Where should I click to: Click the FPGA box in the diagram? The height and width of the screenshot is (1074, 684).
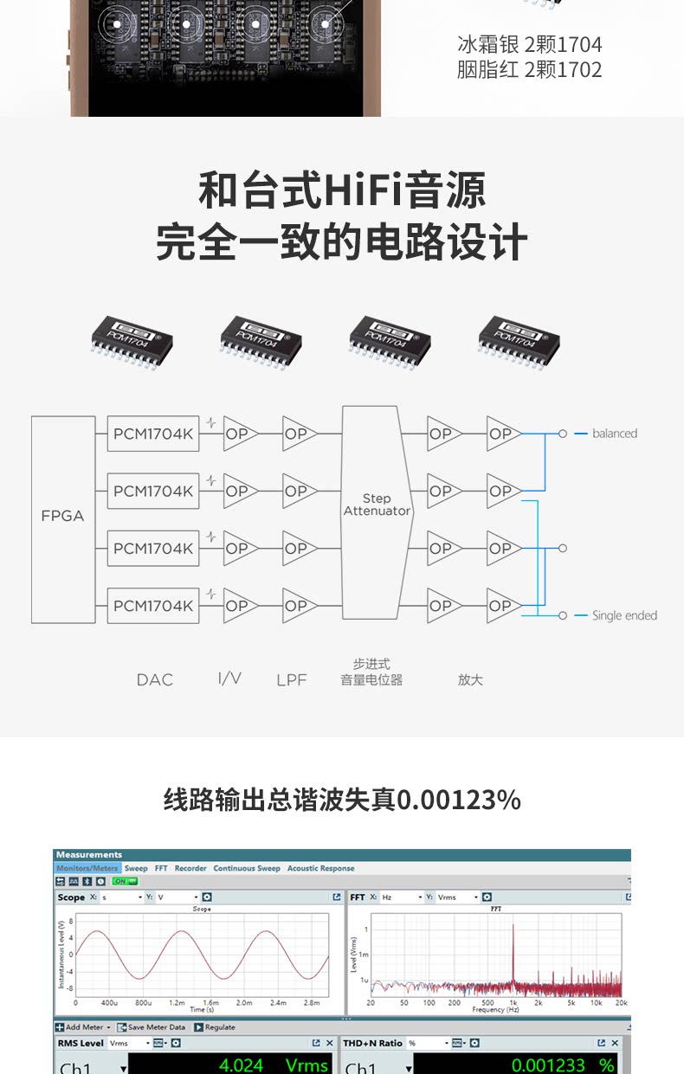coord(62,518)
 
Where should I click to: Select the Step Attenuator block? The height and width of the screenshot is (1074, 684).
coord(377,511)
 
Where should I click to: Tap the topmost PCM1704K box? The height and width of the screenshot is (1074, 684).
coord(153,434)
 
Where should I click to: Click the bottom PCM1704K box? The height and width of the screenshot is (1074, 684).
coord(153,606)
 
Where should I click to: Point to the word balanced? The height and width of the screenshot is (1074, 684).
coord(614,434)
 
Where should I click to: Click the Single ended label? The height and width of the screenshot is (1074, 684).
coord(623,615)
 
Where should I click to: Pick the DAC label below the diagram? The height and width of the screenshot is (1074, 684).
coord(155,680)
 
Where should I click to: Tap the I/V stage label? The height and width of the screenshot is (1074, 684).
coord(229,678)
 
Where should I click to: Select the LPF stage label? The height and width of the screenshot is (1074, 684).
coord(292,680)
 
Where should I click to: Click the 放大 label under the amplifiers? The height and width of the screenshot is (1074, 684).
coord(470,680)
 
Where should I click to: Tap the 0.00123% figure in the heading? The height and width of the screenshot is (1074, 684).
coord(458,800)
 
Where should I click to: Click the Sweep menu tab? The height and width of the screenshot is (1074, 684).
coord(136,868)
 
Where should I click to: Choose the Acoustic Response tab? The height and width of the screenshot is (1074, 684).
coord(320,868)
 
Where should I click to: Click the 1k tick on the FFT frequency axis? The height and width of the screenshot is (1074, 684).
coord(513,1002)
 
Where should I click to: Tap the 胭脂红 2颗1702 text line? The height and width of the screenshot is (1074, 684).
coord(529,70)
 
